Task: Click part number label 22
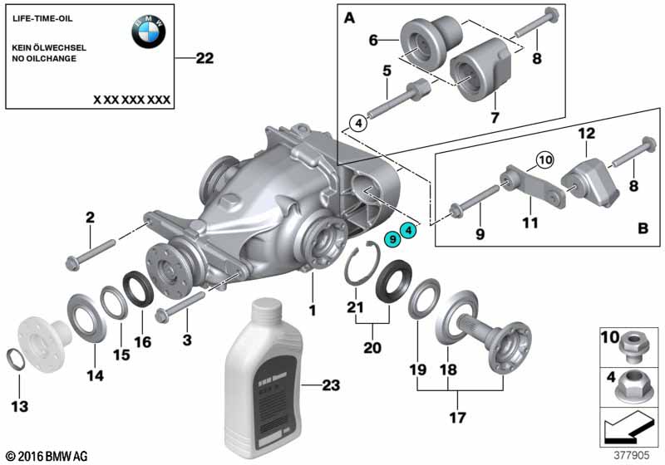(204, 58)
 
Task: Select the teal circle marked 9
(392, 239)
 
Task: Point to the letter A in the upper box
(348, 17)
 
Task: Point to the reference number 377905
(631, 455)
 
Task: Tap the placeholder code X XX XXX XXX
(131, 99)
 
